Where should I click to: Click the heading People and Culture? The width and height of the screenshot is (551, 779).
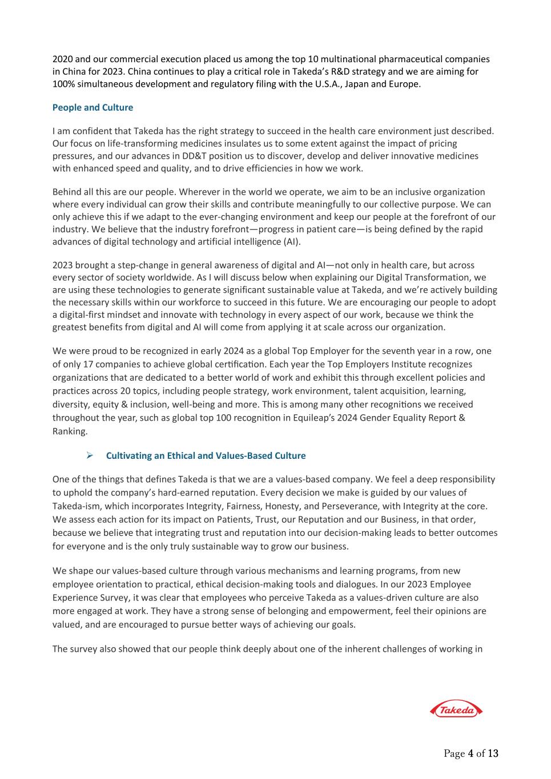[x=92, y=107]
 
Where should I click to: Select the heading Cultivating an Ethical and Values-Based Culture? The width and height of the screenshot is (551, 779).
[x=206, y=455]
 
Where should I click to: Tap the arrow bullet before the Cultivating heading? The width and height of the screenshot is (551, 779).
[x=89, y=455]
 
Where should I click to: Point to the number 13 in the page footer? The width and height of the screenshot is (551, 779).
[x=493, y=754]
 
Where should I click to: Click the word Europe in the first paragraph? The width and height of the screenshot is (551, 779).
[x=403, y=84]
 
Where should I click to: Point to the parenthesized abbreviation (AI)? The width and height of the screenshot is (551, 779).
[x=291, y=241]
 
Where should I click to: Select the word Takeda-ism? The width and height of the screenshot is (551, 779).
[x=75, y=506]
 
